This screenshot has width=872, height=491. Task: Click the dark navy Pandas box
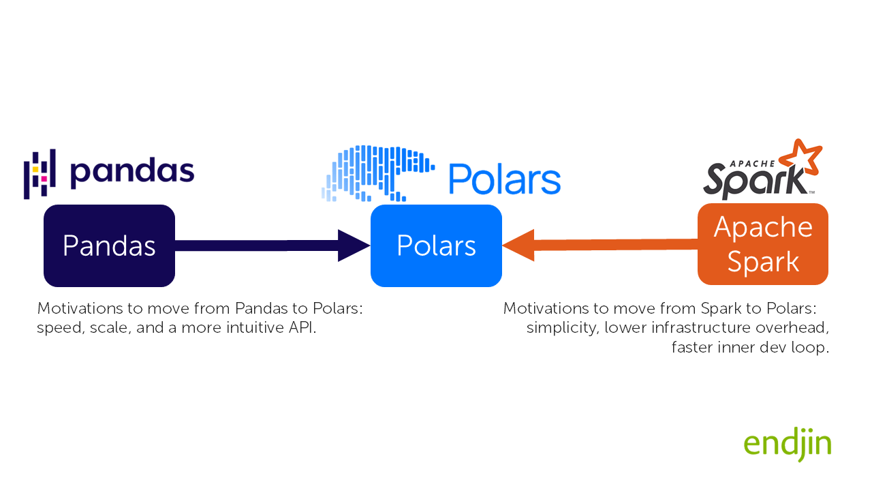pos(109,245)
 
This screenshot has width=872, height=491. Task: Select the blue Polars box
pos(436,245)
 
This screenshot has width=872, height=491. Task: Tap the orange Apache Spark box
pos(763,244)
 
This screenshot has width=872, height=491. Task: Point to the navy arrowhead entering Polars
pos(353,245)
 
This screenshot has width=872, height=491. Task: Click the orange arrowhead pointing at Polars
pos(519,245)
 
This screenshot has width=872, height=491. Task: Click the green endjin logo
pos(788,445)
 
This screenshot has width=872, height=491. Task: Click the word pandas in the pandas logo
pos(132,173)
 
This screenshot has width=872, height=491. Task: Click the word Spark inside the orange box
pos(763,262)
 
